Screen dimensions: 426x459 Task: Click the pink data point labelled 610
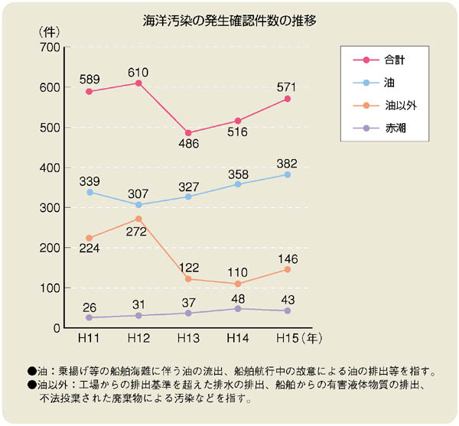click(x=138, y=83)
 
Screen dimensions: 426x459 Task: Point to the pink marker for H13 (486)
click(x=188, y=132)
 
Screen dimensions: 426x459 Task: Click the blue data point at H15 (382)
click(x=287, y=174)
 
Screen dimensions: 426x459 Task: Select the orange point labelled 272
click(x=138, y=219)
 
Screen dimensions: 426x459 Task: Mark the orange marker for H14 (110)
click(x=237, y=284)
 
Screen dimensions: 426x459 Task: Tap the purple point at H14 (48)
click(x=237, y=308)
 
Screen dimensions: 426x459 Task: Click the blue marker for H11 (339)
click(x=90, y=192)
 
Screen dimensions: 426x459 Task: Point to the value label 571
click(x=287, y=85)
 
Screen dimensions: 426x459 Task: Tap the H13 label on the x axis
click(x=188, y=338)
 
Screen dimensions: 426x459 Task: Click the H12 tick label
click(x=138, y=338)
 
